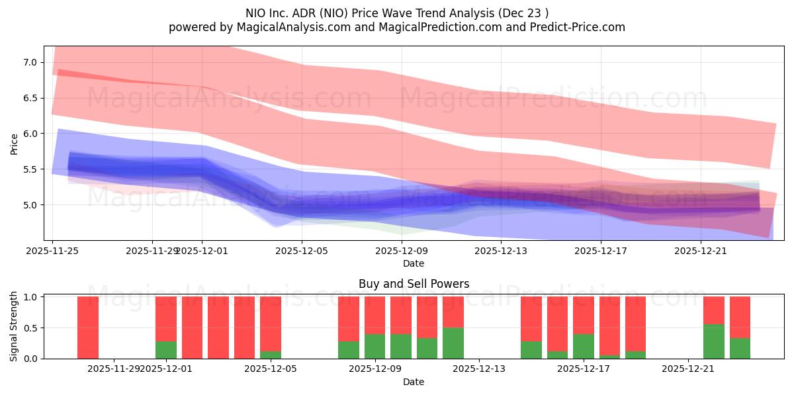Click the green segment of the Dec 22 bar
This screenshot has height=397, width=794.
pyautogui.click(x=714, y=341)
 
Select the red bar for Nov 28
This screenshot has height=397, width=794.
pyautogui.click(x=88, y=328)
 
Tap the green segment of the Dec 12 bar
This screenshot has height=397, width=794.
pyautogui.click(x=453, y=343)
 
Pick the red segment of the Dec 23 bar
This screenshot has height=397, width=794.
pyautogui.click(x=740, y=317)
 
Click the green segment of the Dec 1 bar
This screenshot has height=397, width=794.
pyautogui.click(x=166, y=350)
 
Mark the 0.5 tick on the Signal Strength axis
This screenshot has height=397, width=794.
pyautogui.click(x=31, y=328)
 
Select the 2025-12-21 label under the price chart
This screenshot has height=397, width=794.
pyautogui.click(x=700, y=251)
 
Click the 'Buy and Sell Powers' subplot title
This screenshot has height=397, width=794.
pyautogui.click(x=414, y=284)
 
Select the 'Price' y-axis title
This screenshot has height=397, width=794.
pyautogui.click(x=14, y=144)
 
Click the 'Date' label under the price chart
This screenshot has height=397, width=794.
pyautogui.click(x=414, y=263)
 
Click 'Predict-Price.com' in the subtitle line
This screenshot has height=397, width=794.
pyautogui.click(x=573, y=27)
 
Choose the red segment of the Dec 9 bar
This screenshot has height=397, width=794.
pyautogui.click(x=375, y=315)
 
